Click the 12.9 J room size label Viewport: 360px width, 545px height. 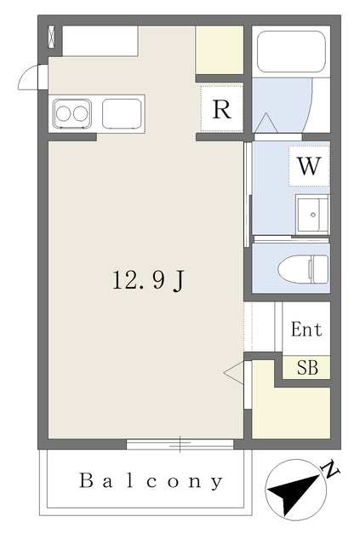pos(148,280)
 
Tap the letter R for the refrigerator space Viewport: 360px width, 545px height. pos(221,109)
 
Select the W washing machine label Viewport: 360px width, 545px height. pos(309,166)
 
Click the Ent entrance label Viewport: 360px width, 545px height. pos(306,330)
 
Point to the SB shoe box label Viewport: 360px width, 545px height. pos(307,367)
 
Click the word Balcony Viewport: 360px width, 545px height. pos(151,481)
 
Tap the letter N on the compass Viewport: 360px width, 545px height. pos(331,469)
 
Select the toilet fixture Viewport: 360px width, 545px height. pos(303,269)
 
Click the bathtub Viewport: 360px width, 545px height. pos(291,51)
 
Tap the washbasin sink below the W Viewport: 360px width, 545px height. pos(312,215)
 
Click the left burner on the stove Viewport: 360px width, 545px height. pos(63,113)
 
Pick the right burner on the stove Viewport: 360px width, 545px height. pos(80,113)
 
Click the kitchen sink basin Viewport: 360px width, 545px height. pos(122,113)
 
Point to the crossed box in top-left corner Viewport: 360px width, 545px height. pos(51,36)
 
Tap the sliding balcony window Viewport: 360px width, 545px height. pos(180,445)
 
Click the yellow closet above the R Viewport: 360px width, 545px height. pos(220,49)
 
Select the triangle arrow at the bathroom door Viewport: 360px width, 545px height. pos(266,123)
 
